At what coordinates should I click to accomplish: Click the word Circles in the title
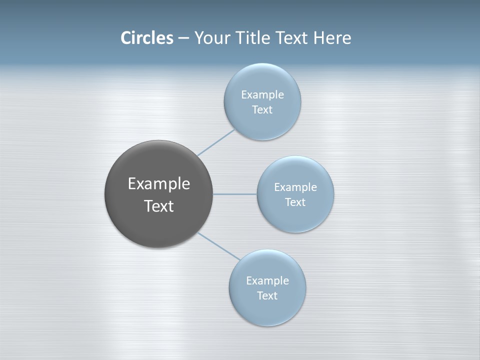(x=147, y=38)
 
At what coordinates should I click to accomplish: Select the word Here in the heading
(x=332, y=38)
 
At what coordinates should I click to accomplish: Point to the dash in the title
(x=183, y=38)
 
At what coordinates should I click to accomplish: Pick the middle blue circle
(x=295, y=217)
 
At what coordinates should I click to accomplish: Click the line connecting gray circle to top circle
(x=216, y=142)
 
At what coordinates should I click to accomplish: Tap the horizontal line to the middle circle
(x=235, y=194)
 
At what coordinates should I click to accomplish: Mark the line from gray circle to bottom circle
(x=219, y=246)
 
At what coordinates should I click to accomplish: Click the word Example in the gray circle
(x=159, y=184)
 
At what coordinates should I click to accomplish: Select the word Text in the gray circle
(x=159, y=206)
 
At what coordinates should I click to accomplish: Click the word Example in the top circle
(x=262, y=94)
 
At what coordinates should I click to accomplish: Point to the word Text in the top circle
(x=262, y=110)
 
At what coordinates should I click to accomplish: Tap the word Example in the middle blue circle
(x=295, y=187)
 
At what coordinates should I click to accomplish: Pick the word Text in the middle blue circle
(x=295, y=202)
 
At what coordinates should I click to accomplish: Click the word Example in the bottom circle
(x=267, y=280)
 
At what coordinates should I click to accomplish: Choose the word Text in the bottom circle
(x=267, y=295)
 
